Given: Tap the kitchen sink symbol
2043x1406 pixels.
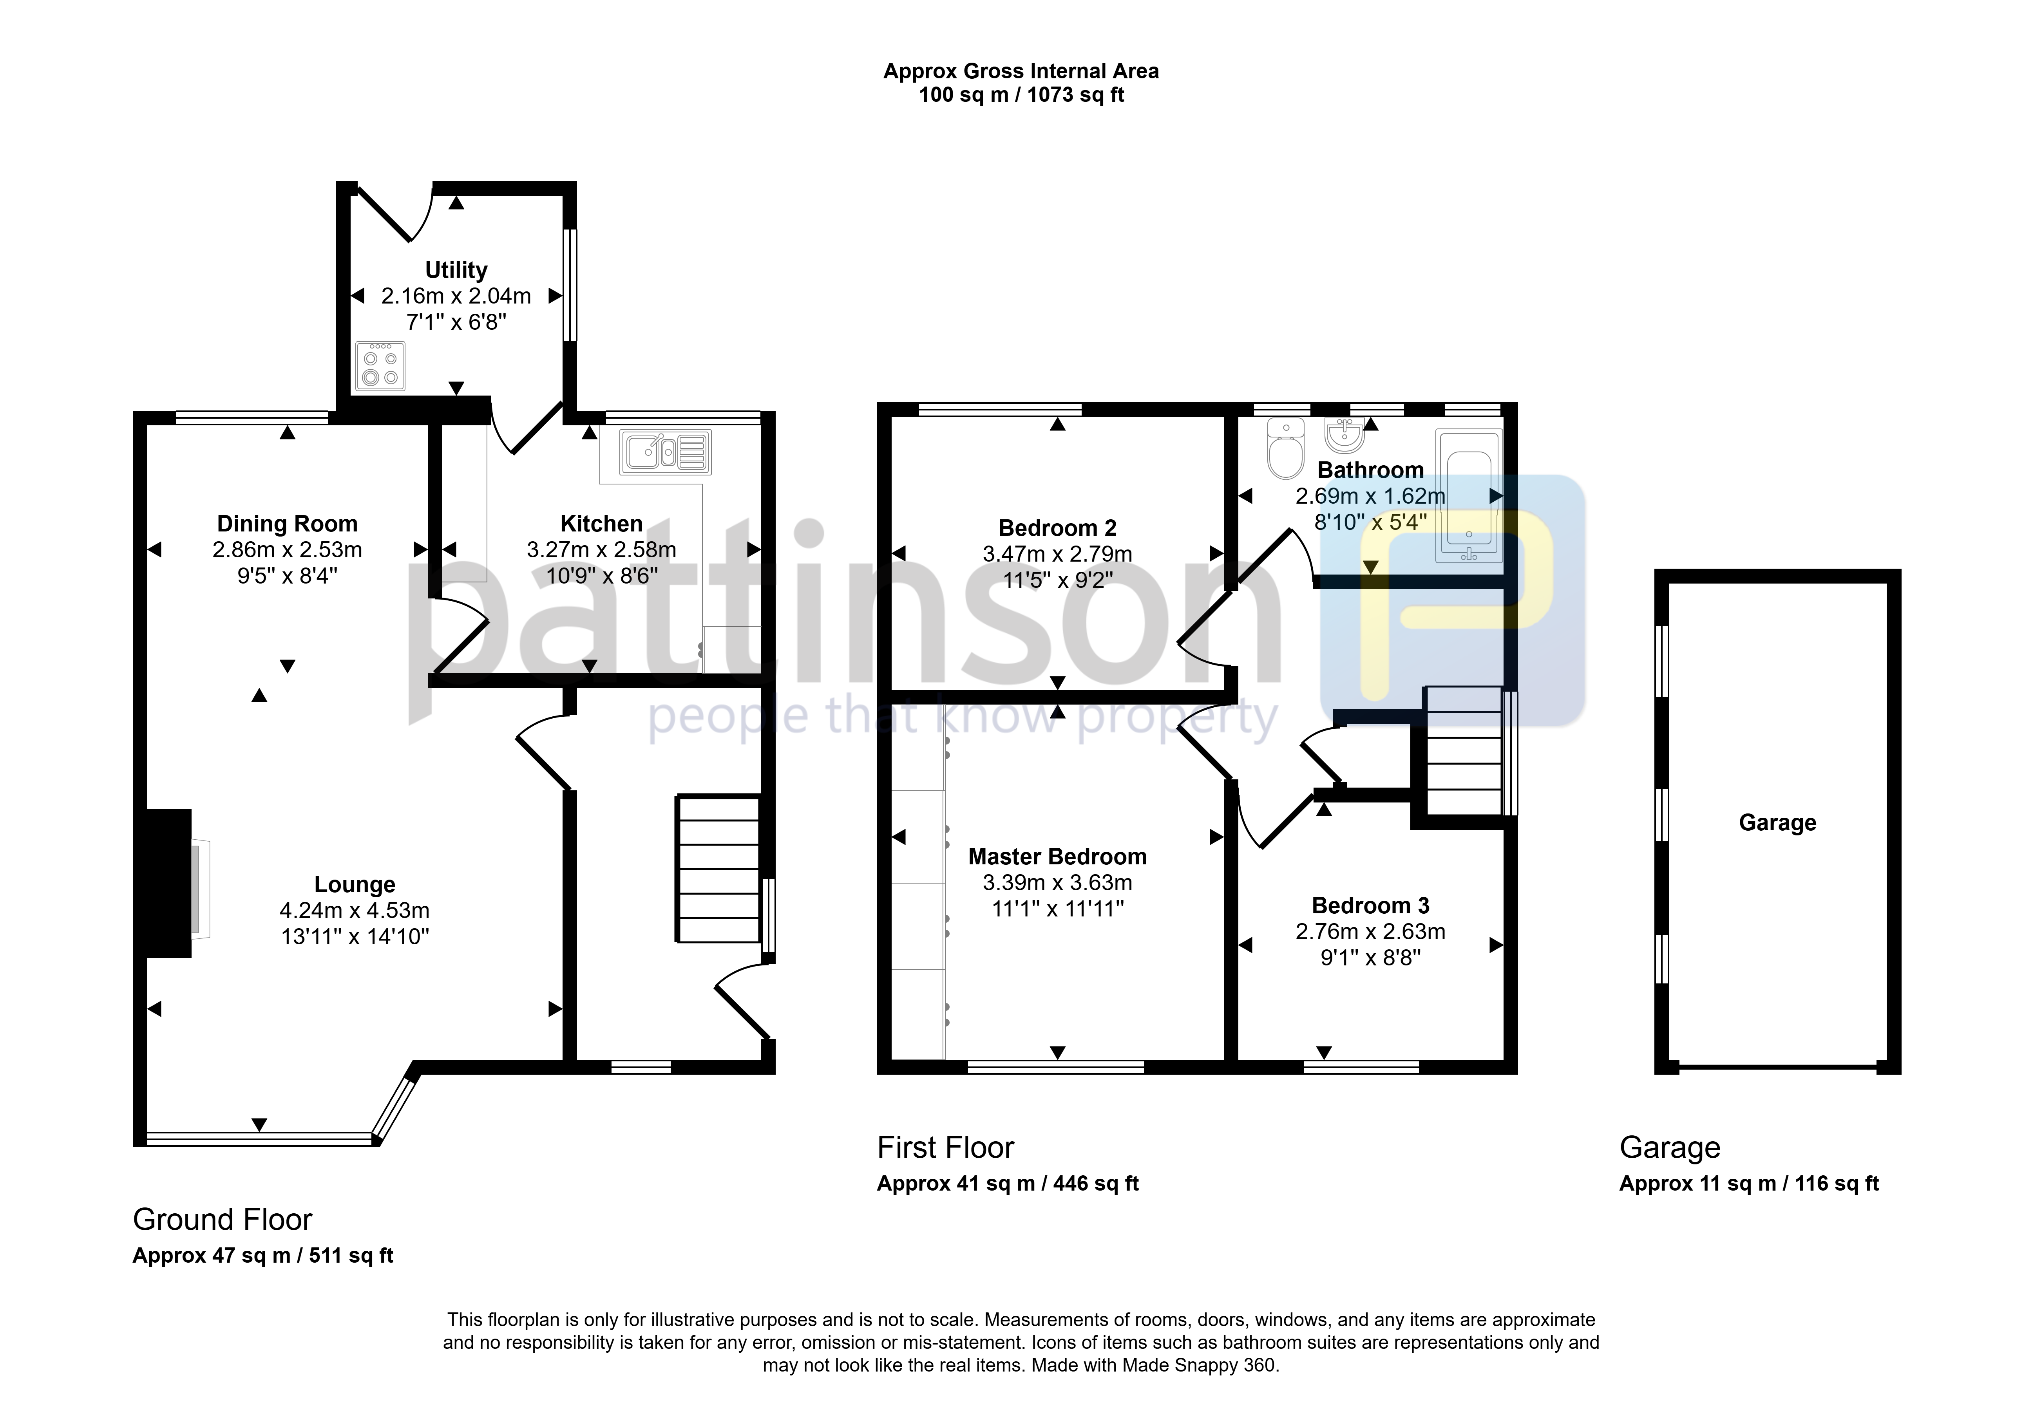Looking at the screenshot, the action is coord(665,452).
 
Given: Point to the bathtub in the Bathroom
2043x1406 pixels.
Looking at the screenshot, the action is coord(1469,496).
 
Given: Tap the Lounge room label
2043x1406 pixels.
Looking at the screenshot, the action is coord(355,884).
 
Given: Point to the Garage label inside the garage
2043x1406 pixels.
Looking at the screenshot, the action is coord(1777,823).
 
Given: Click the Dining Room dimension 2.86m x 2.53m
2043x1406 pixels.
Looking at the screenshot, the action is coord(287,550).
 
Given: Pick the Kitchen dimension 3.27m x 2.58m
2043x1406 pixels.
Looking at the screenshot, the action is coord(602,550).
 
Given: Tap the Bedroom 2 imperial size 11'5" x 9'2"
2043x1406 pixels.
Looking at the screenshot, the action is coord(1057,580).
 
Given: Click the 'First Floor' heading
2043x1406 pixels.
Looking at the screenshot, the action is coord(945,1148).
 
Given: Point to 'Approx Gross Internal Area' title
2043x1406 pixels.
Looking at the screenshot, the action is coord(1021,71).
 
